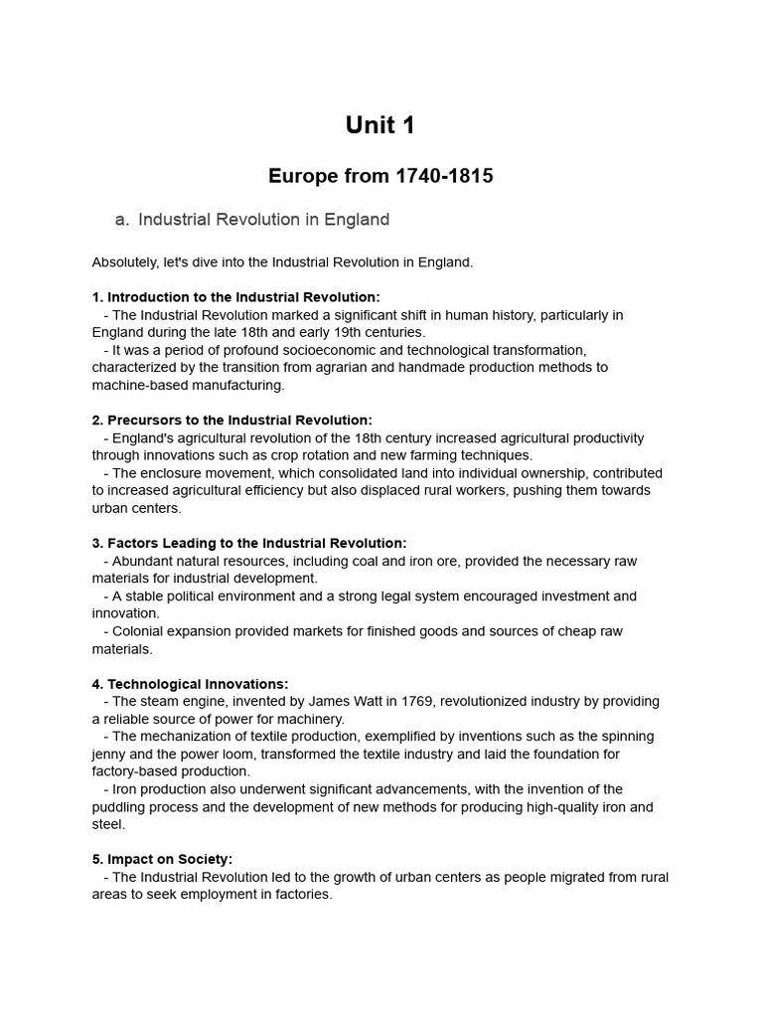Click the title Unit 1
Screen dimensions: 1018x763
pyautogui.click(x=381, y=125)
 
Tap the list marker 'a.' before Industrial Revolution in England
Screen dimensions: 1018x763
pyautogui.click(x=123, y=220)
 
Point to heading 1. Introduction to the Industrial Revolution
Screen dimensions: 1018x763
pyautogui.click(x=235, y=297)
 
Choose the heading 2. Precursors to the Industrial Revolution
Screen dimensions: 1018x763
pyautogui.click(x=232, y=421)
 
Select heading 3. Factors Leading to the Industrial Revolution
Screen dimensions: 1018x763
pyautogui.click(x=249, y=543)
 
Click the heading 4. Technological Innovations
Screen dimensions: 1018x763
pyautogui.click(x=191, y=684)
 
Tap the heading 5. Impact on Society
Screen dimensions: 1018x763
pyautogui.click(x=162, y=859)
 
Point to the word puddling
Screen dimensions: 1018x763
pyautogui.click(x=120, y=807)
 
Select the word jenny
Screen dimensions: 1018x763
pyautogui.click(x=110, y=754)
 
